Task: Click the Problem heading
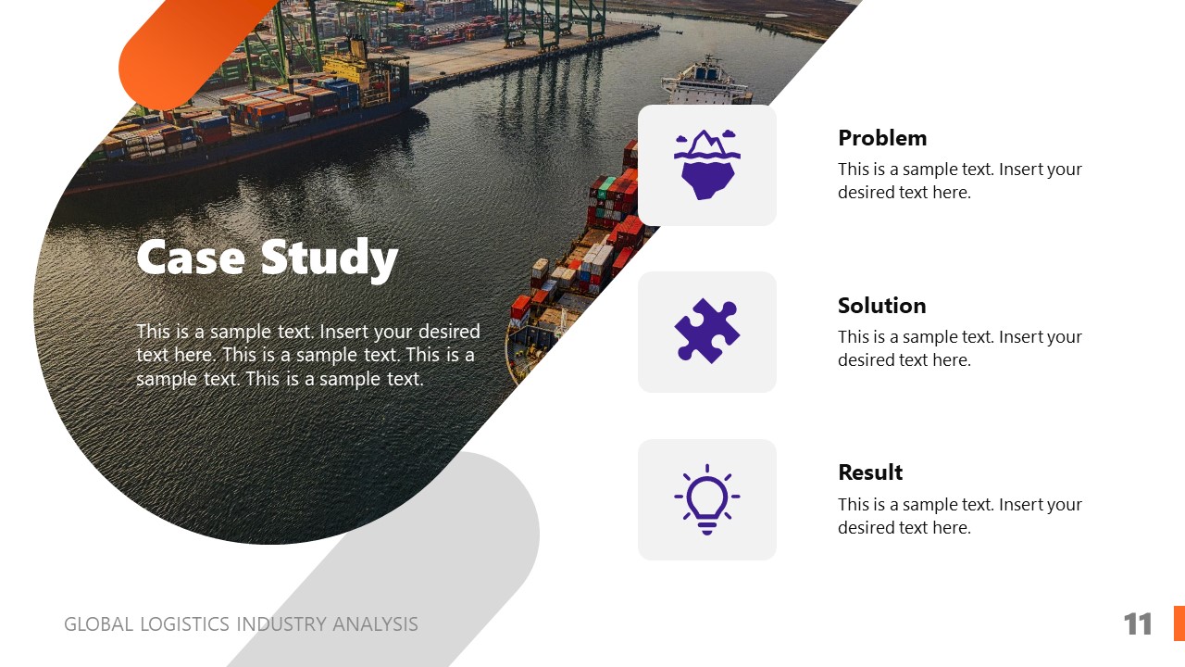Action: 881,138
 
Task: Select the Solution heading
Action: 881,306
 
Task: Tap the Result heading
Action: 869,472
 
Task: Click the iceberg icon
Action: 706,164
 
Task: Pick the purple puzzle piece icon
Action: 706,331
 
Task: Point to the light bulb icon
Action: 706,499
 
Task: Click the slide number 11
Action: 1138,624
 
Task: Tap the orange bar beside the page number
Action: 1179,623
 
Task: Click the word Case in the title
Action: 192,258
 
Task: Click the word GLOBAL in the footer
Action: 98,624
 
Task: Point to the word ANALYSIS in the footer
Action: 375,624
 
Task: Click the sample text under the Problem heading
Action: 959,181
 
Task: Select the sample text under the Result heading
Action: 959,516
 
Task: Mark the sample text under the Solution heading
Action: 959,348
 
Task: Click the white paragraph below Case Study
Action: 307,356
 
